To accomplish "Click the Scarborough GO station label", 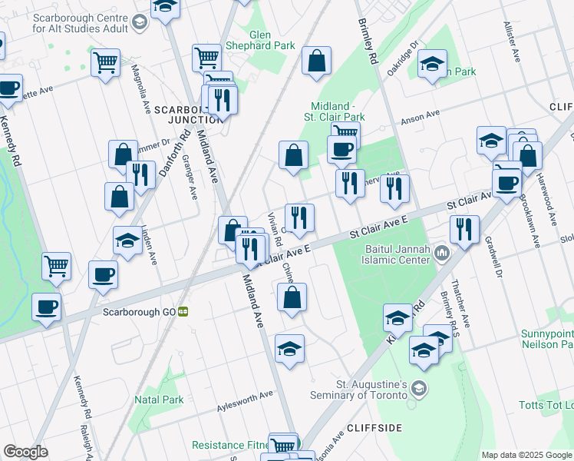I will (x=140, y=312).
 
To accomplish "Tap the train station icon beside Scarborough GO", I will (x=183, y=312).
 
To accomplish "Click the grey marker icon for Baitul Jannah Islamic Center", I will (x=442, y=252).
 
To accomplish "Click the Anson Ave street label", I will (x=421, y=116).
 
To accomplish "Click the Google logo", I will (x=25, y=452).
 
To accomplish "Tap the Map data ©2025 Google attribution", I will (x=526, y=455).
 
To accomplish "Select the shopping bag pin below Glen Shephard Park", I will (x=316, y=61).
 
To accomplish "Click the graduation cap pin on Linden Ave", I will (x=127, y=241).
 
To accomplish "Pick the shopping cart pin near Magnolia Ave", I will (x=105, y=62).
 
